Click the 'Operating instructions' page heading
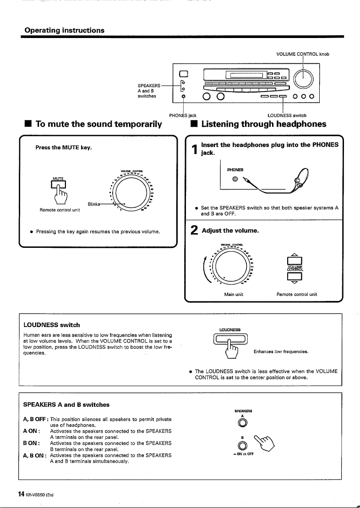(x=65, y=30)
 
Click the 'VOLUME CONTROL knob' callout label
(x=303, y=54)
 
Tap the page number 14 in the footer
(x=21, y=494)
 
